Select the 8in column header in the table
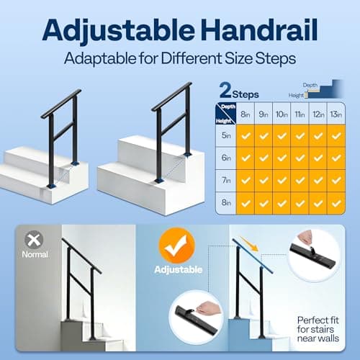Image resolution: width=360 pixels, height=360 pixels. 246,113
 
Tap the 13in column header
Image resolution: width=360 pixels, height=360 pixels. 336,113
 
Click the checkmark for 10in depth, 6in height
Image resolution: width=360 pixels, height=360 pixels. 282,158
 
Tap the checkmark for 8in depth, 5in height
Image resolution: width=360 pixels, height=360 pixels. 246,135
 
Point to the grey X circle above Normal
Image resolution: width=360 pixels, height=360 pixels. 34,240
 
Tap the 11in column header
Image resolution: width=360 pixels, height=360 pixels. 300,113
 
